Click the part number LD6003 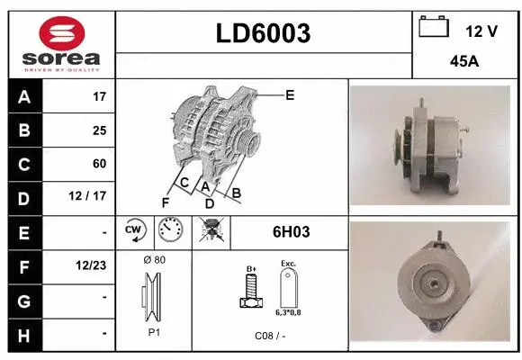coord(264,33)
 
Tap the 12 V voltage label coord(481,31)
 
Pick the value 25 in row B coord(99,130)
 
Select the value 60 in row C coord(99,164)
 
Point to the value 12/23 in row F coord(93,266)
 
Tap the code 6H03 coord(291,232)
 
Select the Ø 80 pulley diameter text coord(154,260)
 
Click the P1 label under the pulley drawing coord(154,331)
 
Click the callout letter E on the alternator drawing coord(290,94)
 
